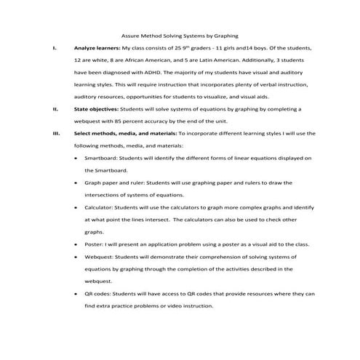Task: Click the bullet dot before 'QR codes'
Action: click(x=76, y=294)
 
